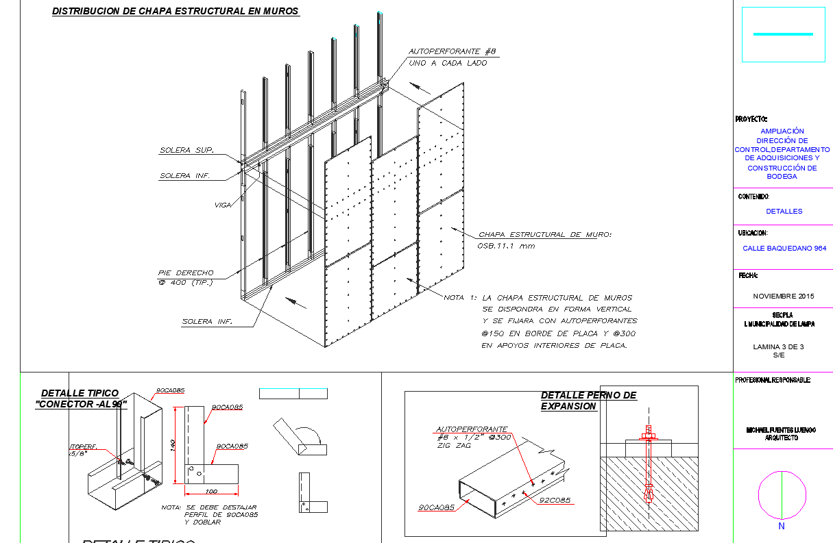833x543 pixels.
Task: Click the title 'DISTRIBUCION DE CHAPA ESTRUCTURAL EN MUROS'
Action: point(176,11)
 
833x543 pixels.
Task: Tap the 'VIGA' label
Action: point(221,205)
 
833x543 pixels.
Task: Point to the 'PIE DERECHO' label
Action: point(185,273)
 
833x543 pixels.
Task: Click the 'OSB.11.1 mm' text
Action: point(506,246)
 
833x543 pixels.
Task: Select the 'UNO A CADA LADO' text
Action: point(448,63)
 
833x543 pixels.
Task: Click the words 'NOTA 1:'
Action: point(459,298)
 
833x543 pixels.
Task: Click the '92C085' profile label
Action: point(555,500)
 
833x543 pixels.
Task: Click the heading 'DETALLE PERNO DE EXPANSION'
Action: point(588,401)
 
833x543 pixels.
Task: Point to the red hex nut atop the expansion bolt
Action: point(648,433)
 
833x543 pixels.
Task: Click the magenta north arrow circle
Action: point(782,495)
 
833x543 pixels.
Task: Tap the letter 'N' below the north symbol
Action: point(782,527)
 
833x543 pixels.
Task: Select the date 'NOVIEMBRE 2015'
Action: point(783,296)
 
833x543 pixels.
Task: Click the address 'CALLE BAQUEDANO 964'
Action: point(784,249)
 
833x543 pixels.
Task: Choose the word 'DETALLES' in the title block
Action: point(784,212)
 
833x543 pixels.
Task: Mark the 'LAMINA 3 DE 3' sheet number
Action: point(778,346)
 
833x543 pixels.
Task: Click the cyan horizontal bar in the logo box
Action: point(783,34)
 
